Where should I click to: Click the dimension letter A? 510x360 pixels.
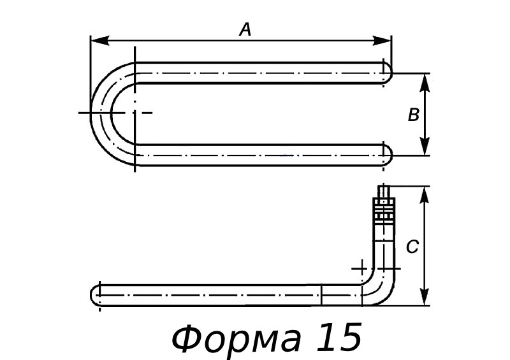[x=245, y=29]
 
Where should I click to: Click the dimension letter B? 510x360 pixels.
[x=413, y=115]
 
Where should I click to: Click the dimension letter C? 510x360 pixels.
[x=412, y=247]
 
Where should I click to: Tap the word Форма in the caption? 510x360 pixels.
[x=237, y=338]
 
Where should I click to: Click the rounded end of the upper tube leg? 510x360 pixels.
[x=386, y=73]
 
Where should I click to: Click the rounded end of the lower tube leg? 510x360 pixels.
[x=386, y=155]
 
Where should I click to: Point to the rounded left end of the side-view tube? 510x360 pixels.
[x=96, y=296]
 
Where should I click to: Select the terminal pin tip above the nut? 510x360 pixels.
[x=384, y=191]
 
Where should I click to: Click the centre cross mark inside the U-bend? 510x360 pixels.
[x=134, y=113]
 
